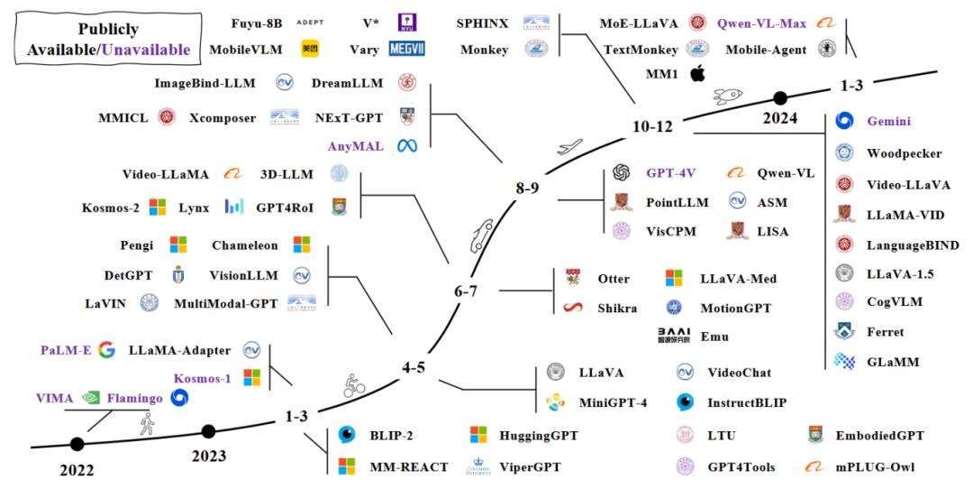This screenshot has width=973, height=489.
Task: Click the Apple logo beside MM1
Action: tap(696, 74)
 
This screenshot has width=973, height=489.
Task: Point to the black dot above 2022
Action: tap(77, 444)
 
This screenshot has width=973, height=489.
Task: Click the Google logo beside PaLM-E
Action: tap(106, 350)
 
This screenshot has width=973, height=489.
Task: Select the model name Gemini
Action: tap(888, 121)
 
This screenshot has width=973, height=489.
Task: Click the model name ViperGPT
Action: tap(531, 467)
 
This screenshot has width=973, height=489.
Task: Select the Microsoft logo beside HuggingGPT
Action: tap(478, 436)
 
